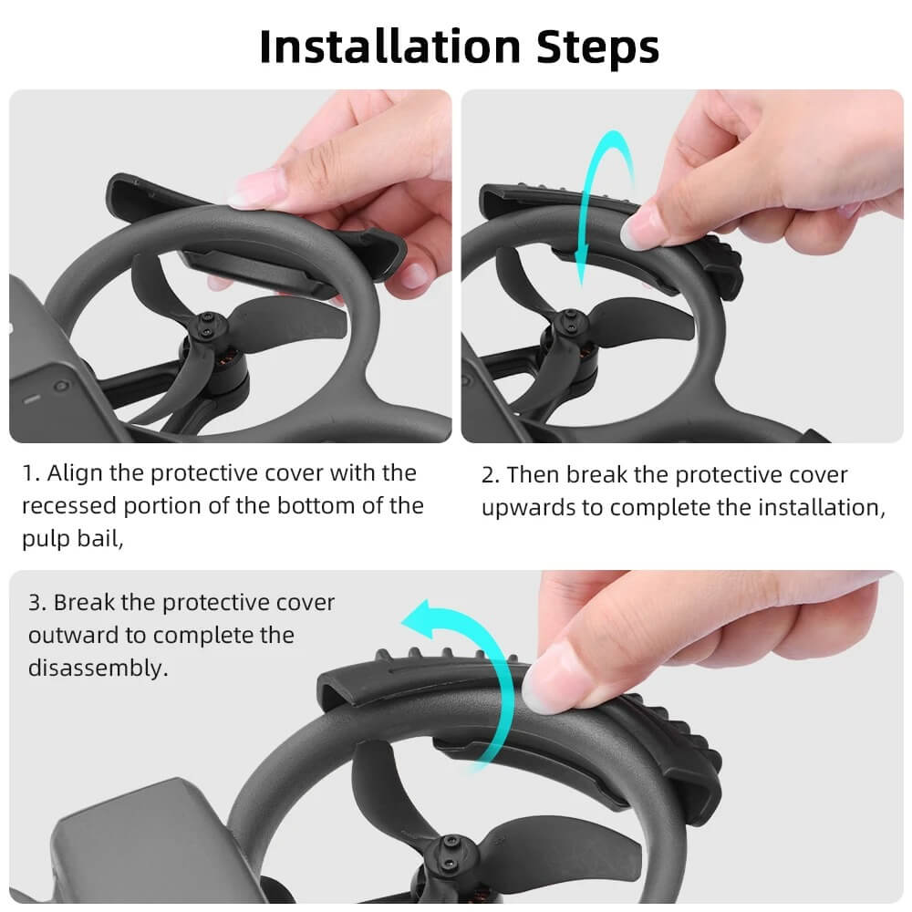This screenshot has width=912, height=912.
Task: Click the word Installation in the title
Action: [x=389, y=47]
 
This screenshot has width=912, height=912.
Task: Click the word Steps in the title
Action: [x=597, y=47]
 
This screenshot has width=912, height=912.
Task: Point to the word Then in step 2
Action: [x=534, y=475]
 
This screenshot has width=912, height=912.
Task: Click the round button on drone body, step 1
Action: [x=60, y=386]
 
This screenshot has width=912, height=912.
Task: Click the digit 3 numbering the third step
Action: [x=34, y=603]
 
